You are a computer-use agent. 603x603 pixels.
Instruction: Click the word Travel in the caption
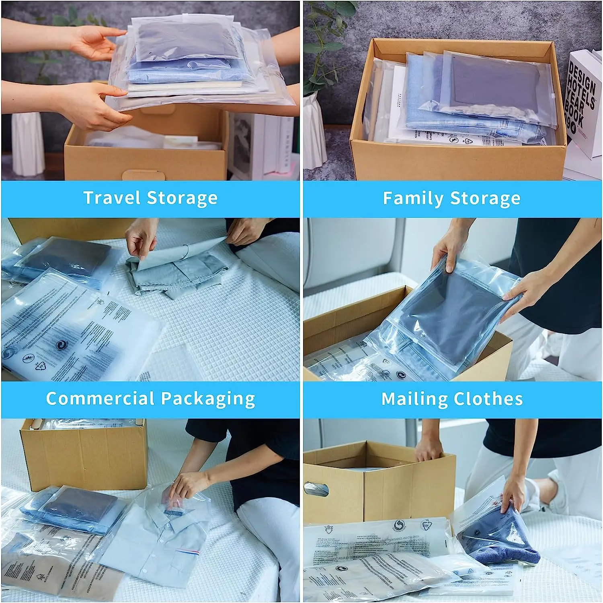(x=111, y=198)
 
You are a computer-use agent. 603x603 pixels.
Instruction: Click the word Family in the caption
(x=412, y=198)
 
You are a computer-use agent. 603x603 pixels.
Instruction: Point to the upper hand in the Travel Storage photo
(x=92, y=42)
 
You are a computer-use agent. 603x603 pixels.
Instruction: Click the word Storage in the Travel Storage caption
(x=182, y=198)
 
